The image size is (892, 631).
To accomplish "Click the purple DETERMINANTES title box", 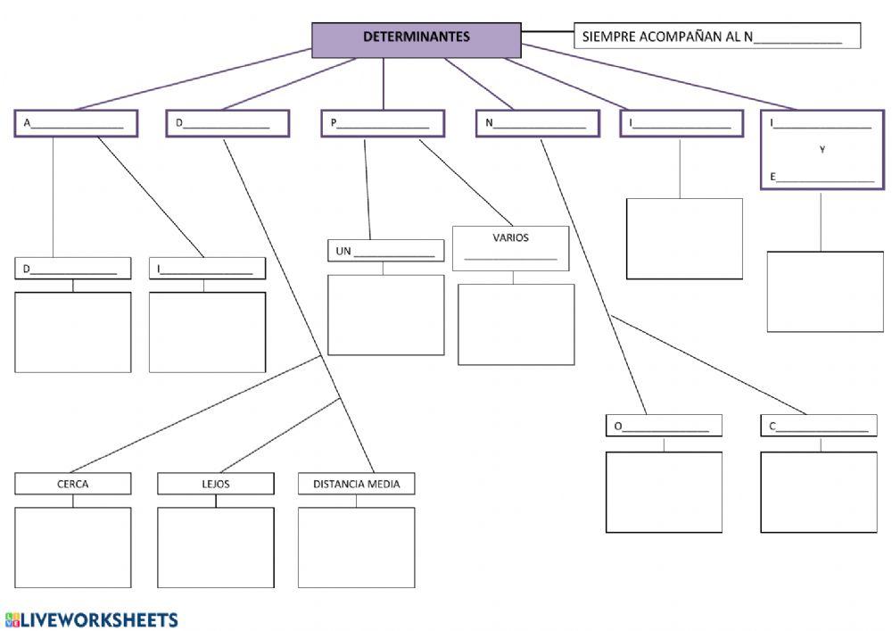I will [416, 39].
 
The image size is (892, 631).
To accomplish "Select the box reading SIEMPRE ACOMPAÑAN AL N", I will [716, 37].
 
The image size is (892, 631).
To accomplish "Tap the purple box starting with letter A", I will [76, 123].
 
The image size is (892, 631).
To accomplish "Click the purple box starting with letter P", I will [383, 123].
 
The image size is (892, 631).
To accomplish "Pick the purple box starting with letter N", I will [537, 123].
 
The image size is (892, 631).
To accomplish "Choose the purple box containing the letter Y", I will [822, 150].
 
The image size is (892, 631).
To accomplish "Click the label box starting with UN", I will [385, 251].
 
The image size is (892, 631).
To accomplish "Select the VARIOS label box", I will [510, 248].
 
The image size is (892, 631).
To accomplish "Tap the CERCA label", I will [73, 484].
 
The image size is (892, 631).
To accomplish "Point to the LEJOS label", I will [216, 484].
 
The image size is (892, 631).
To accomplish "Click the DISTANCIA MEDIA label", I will [356, 484].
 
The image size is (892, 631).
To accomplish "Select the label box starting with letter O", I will [664, 426].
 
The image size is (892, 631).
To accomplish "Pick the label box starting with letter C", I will [819, 426].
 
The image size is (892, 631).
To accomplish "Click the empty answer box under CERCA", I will [73, 547].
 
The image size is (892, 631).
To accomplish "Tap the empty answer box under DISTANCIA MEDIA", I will [356, 547].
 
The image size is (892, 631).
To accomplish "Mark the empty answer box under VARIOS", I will [516, 324].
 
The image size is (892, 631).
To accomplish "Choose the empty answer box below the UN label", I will [385, 314].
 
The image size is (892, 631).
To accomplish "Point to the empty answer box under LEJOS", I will [216, 547].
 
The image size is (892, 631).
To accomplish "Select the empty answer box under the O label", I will [664, 492].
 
